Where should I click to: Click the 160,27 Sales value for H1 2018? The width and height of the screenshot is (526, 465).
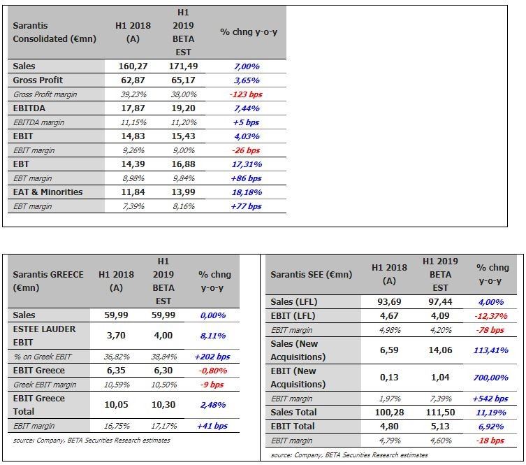(133, 66)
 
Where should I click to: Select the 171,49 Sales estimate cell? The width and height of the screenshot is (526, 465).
(183, 66)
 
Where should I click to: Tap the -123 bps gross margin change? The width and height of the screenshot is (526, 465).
(246, 94)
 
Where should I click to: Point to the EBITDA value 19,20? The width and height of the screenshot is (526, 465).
(183, 108)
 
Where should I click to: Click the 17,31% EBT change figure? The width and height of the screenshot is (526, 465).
(247, 164)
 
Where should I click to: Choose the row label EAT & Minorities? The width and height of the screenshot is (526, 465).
(48, 192)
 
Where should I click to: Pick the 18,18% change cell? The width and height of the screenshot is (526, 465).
(247, 192)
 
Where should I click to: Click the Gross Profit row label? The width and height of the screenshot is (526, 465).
(38, 80)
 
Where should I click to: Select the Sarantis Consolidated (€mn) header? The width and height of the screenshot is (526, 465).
(54, 32)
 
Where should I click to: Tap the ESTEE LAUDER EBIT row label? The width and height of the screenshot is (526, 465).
(44, 336)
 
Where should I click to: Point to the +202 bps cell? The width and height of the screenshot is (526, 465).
(212, 357)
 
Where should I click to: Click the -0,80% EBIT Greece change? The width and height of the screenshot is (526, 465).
(212, 371)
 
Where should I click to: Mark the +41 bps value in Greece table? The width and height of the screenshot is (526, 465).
(212, 426)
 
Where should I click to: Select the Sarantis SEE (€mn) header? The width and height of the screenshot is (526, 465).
(312, 275)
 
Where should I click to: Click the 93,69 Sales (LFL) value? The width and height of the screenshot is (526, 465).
(389, 302)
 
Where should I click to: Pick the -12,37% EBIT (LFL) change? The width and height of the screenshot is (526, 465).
(491, 316)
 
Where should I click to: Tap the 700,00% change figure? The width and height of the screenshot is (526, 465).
(491, 378)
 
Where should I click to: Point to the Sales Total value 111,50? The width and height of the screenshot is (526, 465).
(441, 413)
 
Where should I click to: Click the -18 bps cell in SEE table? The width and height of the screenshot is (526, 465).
(490, 441)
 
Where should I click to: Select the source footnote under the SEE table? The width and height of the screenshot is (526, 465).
(349, 455)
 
